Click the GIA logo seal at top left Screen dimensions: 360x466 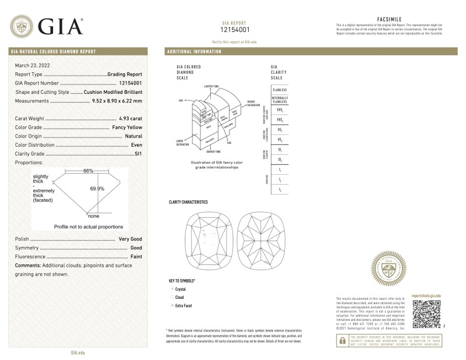coord(22,26)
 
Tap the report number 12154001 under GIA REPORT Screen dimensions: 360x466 coord(235,29)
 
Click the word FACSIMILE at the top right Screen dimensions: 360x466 coord(390,19)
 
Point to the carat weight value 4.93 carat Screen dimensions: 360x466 coord(132,118)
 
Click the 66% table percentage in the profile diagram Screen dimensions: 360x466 coord(88,171)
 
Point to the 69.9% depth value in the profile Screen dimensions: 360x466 coord(97,188)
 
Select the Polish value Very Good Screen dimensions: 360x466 coord(131,239)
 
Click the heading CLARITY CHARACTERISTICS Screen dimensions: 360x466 coord(188,202)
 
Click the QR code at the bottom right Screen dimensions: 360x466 coord(425,316)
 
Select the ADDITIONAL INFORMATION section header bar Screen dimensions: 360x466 coord(195,52)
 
